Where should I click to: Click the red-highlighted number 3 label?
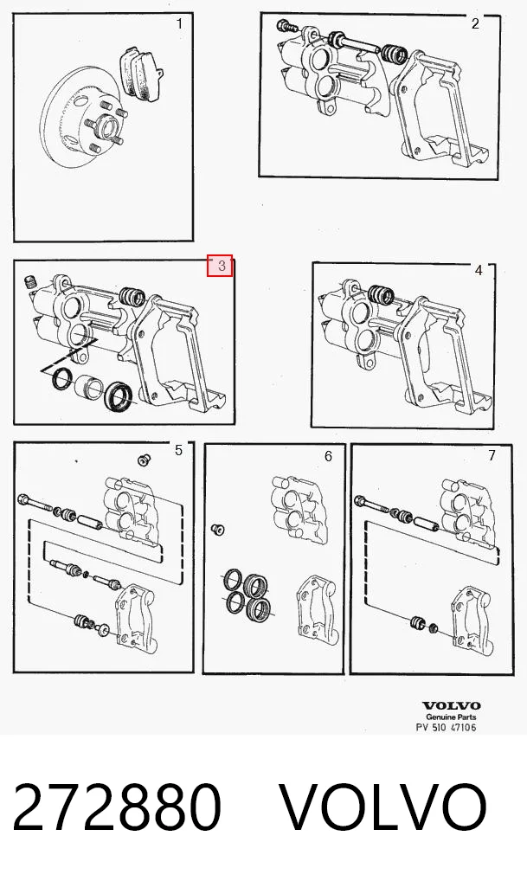tap(221, 266)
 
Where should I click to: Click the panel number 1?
tap(179, 23)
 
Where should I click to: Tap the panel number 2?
tap(475, 23)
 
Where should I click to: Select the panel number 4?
tap(479, 270)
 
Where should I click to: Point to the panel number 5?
tap(178, 450)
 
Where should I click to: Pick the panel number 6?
tap(328, 456)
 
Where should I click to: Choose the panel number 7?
tap(492, 455)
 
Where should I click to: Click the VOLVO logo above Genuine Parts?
tap(451, 705)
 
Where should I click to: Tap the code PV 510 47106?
tap(447, 727)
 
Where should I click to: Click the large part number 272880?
tap(117, 807)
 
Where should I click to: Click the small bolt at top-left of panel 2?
tap(283, 25)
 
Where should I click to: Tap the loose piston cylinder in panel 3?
tap(88, 387)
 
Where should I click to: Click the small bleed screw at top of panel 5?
tap(144, 460)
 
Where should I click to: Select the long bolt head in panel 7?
tap(361, 499)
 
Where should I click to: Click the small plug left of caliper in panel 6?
tap(217, 529)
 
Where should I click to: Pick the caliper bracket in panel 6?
tap(316, 606)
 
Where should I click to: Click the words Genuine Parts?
tap(451, 717)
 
